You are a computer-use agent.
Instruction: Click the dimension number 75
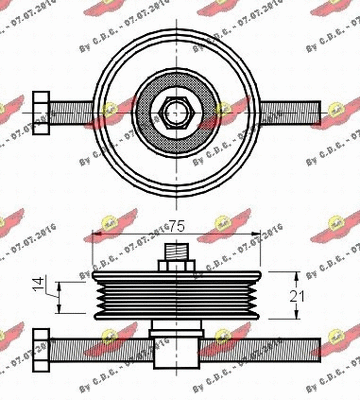[x=180, y=227]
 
